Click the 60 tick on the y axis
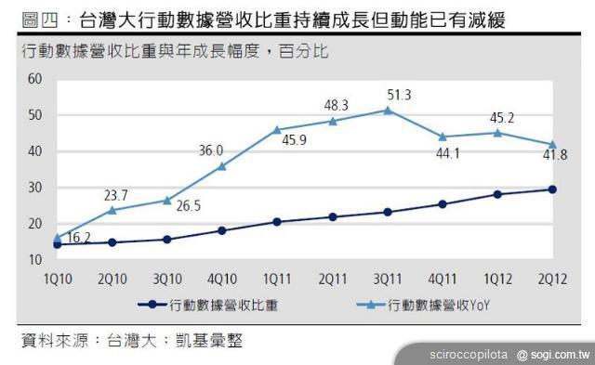click(x=36, y=79)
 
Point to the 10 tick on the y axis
click(x=36, y=259)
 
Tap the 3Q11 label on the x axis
click(x=388, y=277)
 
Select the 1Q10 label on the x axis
click(x=58, y=277)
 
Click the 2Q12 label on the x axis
click(x=552, y=277)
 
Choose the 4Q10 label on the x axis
click(x=222, y=277)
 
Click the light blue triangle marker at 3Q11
click(x=388, y=111)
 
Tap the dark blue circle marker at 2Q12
click(x=552, y=189)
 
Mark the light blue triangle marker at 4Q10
click(x=222, y=166)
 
